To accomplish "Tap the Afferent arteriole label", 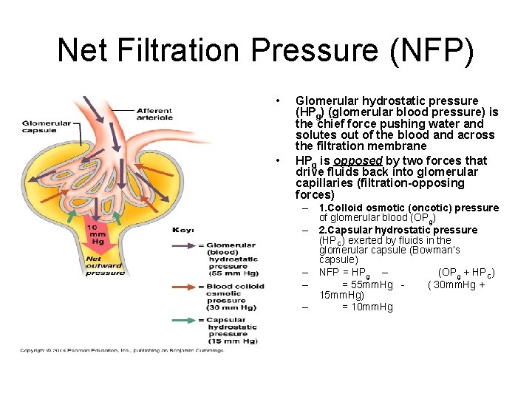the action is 154,114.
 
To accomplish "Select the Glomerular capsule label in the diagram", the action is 47,126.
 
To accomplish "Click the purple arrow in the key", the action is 185,246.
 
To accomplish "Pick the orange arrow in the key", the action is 185,287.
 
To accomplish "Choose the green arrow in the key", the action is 185,319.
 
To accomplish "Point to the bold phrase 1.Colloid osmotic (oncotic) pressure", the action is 409,208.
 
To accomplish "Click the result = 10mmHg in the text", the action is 367,307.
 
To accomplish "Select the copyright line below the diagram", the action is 123,350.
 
